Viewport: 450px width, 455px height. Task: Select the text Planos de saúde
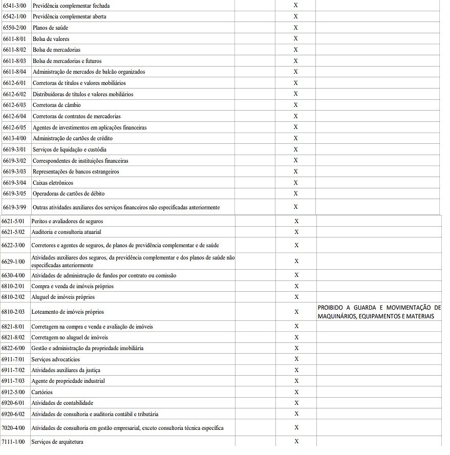point(50,28)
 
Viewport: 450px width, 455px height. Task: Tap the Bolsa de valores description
point(51,39)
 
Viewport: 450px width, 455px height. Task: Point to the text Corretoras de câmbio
point(56,105)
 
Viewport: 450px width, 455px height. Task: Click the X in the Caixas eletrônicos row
point(295,183)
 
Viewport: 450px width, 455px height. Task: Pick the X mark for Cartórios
point(296,392)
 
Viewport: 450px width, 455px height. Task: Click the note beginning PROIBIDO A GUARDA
point(379,312)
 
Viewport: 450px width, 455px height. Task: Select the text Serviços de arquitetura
point(57,442)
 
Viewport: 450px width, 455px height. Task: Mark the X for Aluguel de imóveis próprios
point(296,297)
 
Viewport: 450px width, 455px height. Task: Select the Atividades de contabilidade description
point(62,403)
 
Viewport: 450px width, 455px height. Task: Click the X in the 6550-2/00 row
point(295,28)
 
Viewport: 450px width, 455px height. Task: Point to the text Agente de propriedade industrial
point(68,381)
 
